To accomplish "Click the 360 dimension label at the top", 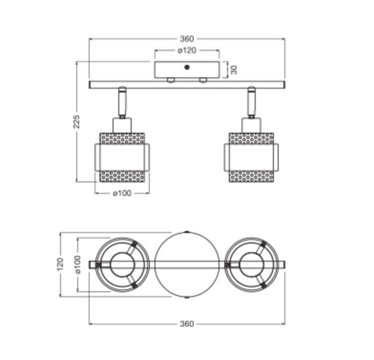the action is pyautogui.click(x=187, y=39).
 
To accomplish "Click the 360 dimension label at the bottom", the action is pyautogui.click(x=187, y=324).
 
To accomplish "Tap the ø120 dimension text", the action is pyautogui.click(x=187, y=51).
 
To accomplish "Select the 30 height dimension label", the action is pyautogui.click(x=234, y=70).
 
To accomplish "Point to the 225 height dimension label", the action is pyautogui.click(x=76, y=122).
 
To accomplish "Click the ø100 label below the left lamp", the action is pyautogui.click(x=122, y=193).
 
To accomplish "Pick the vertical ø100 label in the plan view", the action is pyautogui.click(x=78, y=265).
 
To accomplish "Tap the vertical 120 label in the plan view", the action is pyautogui.click(x=60, y=265).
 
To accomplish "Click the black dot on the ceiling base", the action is pyautogui.click(x=187, y=67).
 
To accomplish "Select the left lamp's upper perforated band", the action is pyautogui.click(x=122, y=139).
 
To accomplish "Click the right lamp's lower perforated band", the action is pyautogui.click(x=251, y=177).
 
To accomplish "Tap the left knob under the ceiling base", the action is pyautogui.click(x=171, y=80).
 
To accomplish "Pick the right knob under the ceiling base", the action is pyautogui.click(x=203, y=80).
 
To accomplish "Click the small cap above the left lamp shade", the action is pyautogui.click(x=122, y=125).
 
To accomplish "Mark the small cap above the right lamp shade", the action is pyautogui.click(x=251, y=125).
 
